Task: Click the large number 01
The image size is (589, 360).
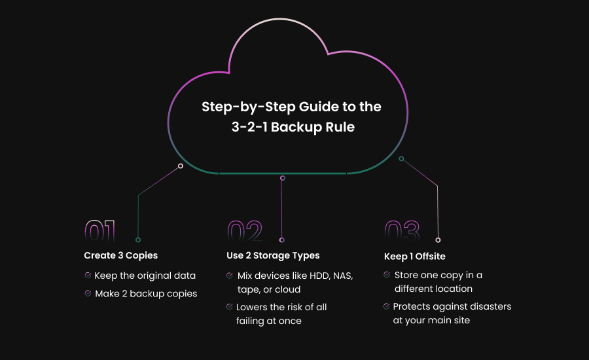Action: pos(100,232)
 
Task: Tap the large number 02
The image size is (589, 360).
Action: pos(244,232)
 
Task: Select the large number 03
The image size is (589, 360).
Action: pos(401,232)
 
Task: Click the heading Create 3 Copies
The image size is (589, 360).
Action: pos(120,255)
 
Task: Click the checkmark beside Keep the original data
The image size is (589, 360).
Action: pos(88,276)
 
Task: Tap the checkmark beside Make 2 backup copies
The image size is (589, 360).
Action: pos(88,294)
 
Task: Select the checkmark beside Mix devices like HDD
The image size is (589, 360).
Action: pos(230,276)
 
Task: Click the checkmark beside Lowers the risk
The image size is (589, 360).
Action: pos(230,307)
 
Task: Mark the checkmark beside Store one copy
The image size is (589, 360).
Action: pos(387,275)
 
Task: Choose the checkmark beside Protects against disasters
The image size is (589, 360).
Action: pos(386,306)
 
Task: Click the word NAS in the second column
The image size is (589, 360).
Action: pos(342,276)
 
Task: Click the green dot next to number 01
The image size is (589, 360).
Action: pos(137,240)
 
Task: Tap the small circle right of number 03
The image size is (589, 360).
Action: pos(438,240)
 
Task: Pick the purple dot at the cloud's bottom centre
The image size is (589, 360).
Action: pos(283,178)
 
